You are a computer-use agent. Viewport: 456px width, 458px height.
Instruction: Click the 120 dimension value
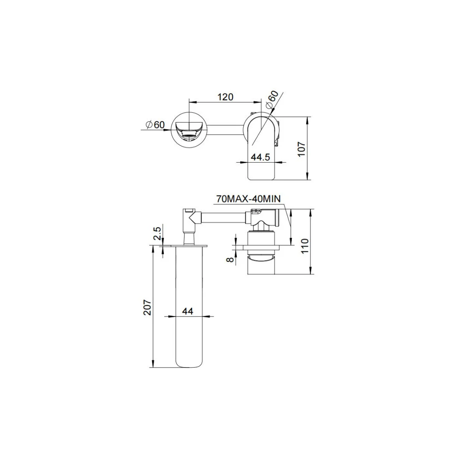(225, 97)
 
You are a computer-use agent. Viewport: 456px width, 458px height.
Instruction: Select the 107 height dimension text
(301, 149)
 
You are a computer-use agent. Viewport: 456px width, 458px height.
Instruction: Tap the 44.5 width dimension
(261, 157)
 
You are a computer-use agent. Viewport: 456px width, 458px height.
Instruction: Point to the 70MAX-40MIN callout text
(248, 199)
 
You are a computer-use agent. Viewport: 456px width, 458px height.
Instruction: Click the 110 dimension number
(305, 246)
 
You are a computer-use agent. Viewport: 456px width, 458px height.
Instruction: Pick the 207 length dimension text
(147, 307)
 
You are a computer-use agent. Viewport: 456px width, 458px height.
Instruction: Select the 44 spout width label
(187, 311)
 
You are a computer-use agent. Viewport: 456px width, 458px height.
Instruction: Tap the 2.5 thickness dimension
(157, 233)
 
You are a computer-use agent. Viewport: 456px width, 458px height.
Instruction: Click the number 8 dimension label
(231, 259)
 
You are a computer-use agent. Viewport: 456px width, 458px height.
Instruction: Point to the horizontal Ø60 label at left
(155, 125)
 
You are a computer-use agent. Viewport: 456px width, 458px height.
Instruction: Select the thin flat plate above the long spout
(185, 245)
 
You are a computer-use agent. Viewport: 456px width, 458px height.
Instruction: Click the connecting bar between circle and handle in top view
(226, 130)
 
